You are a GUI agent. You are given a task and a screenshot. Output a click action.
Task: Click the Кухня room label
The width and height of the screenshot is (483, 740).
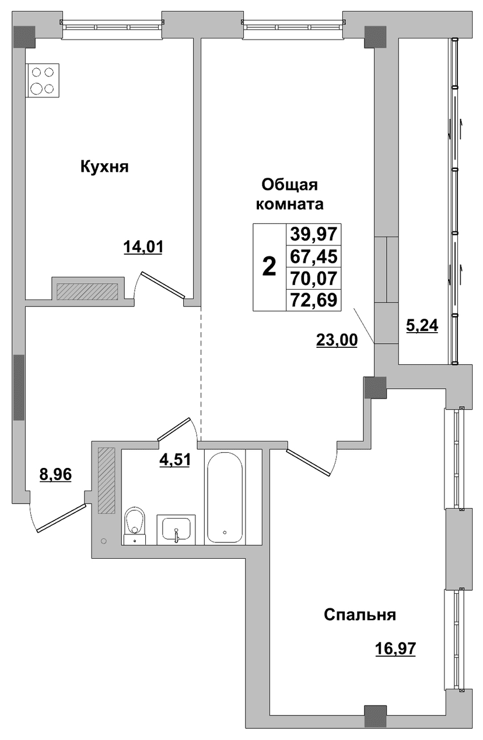point(104,167)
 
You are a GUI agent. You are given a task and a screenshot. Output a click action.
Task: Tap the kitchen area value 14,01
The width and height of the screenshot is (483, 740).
point(143,246)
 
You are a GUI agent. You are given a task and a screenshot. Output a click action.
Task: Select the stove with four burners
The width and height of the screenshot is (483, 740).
point(43,80)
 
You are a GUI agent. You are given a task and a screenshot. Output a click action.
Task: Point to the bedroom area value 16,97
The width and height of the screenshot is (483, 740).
point(395,649)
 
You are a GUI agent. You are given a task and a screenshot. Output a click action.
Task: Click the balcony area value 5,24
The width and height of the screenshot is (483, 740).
point(422,326)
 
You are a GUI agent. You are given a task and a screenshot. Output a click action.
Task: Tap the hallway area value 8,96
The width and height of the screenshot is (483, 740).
point(55,475)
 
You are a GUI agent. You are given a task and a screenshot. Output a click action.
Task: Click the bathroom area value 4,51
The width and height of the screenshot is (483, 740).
point(174,460)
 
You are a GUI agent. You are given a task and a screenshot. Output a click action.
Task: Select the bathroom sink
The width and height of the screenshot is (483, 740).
point(176,530)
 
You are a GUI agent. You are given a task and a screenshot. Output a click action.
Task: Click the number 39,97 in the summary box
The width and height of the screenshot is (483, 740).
point(314,235)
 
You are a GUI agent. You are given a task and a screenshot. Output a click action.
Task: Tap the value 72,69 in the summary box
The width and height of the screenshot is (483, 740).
point(314,300)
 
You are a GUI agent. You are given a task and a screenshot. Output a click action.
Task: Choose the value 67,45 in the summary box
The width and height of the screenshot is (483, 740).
point(314,256)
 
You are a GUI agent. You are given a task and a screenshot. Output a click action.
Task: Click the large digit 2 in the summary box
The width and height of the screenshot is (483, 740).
point(269,267)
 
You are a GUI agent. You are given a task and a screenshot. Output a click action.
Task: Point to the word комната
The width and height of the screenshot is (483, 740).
point(290,205)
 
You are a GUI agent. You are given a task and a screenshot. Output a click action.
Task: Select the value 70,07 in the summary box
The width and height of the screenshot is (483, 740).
point(314,278)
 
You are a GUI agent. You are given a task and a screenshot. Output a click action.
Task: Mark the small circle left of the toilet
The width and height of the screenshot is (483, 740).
point(104,541)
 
